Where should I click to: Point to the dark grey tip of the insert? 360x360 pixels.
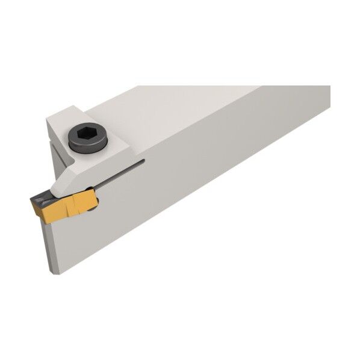point(37,198)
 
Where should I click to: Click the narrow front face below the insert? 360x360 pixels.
point(53,241)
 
